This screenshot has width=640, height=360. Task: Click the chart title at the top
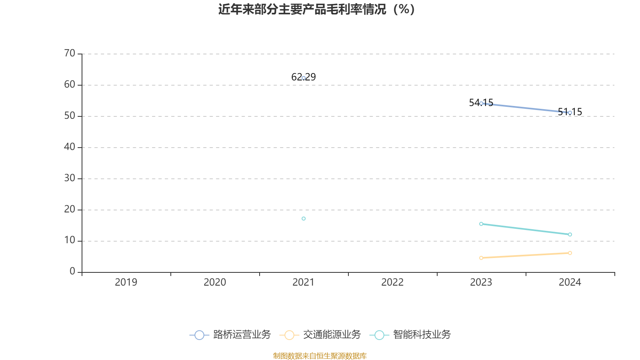click(316, 10)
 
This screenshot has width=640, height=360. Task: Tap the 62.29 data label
click(304, 77)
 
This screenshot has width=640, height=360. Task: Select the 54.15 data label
click(481, 102)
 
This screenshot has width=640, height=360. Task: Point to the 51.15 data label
click(570, 112)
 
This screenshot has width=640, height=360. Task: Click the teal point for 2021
click(304, 218)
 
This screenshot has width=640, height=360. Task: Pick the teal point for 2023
click(481, 224)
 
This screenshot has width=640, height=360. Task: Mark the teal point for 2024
click(570, 234)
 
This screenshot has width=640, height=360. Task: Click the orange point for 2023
click(481, 258)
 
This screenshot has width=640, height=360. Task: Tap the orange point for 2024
click(570, 253)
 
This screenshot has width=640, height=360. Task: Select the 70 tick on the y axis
click(70, 54)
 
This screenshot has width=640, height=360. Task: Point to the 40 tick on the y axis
click(70, 147)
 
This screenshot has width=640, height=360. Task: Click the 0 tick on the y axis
click(72, 272)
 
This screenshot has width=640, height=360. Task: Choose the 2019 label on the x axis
click(126, 282)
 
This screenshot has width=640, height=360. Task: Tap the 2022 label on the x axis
click(392, 282)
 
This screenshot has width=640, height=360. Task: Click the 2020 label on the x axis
click(215, 282)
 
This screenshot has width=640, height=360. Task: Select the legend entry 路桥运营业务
click(230, 334)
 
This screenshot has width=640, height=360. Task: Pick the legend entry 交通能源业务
click(320, 334)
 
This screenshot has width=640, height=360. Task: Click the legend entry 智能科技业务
click(410, 334)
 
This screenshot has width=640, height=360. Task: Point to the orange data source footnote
click(320, 356)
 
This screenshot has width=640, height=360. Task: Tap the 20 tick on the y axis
click(70, 210)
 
